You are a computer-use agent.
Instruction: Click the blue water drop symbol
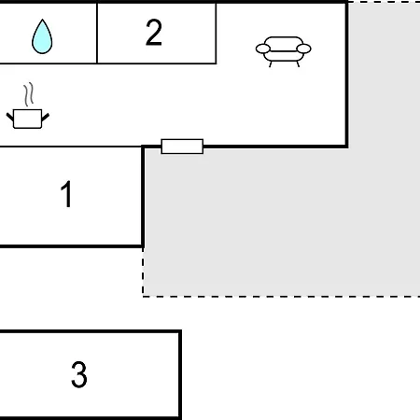pyautogui.click(x=42, y=36)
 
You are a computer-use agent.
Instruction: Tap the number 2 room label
pyautogui.click(x=154, y=33)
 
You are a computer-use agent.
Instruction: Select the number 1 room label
pyautogui.click(x=66, y=194)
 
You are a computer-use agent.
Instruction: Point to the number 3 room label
pyautogui.click(x=79, y=374)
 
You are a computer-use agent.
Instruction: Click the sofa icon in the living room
pyautogui.click(x=283, y=51)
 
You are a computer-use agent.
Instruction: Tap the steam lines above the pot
pyautogui.click(x=29, y=94)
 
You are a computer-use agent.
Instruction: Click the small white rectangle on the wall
pyautogui.click(x=182, y=147)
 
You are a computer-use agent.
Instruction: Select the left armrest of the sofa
pyautogui.click(x=263, y=49)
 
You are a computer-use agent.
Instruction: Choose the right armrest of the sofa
pyautogui.click(x=303, y=49)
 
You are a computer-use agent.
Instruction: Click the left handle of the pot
pyautogui.click(x=10, y=118)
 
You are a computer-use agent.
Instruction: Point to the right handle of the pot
pyautogui.click(x=46, y=118)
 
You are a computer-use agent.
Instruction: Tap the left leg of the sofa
pyautogui.click(x=271, y=64)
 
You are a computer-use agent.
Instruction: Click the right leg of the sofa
pyautogui.click(x=298, y=64)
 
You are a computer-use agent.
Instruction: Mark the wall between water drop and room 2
pyautogui.click(x=97, y=34)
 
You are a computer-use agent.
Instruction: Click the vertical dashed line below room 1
pyautogui.click(x=143, y=273)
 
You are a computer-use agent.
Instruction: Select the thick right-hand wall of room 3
pyautogui.click(x=180, y=375)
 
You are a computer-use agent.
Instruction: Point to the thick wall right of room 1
pyautogui.click(x=143, y=196)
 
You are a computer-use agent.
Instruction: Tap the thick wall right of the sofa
pyautogui.click(x=346, y=74)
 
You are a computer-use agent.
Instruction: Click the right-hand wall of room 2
pyautogui.click(x=216, y=34)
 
